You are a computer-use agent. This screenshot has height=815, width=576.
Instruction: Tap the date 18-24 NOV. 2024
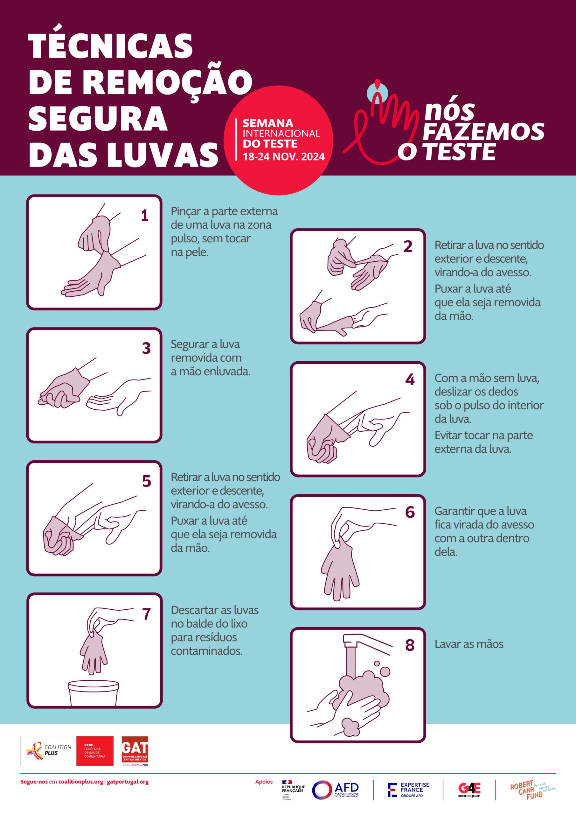[x=283, y=157]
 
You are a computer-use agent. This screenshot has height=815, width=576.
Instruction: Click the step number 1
[x=144, y=216]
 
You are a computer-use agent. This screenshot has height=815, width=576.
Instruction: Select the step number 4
[x=410, y=379]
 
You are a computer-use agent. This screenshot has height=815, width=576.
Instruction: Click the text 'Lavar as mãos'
[x=469, y=644]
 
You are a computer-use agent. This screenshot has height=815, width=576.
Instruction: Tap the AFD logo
[x=336, y=790]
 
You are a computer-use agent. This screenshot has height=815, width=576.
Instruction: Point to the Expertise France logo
[x=409, y=790]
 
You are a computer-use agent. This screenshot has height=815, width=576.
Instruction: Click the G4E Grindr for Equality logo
[x=469, y=790]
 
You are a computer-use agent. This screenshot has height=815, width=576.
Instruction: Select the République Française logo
[x=293, y=790]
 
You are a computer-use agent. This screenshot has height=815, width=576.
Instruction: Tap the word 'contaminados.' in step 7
[x=207, y=651]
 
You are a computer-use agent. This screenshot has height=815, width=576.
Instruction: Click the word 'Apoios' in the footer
[x=264, y=781]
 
